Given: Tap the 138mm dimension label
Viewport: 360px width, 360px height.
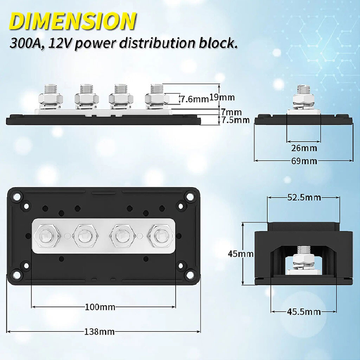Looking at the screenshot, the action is pos(99,332).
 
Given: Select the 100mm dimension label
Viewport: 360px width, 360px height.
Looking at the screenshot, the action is pos(100,307).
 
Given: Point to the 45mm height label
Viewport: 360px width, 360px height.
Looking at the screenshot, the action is pos(240,254).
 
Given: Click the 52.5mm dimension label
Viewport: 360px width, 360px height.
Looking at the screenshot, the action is pos(304,197).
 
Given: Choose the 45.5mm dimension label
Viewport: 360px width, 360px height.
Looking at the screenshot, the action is pos(304,311).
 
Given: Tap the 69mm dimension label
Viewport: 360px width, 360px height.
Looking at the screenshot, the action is pos(304,161).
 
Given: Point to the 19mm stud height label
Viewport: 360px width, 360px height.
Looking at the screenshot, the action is pos(222,97).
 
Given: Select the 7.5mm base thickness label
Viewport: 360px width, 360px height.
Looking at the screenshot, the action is pos(235,120).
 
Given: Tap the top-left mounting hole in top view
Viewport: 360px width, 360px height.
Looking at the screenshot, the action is pos(17,197).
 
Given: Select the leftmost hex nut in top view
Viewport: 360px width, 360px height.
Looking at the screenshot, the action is pos(47,236).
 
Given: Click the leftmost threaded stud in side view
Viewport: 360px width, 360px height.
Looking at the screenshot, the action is pos(51,89).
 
